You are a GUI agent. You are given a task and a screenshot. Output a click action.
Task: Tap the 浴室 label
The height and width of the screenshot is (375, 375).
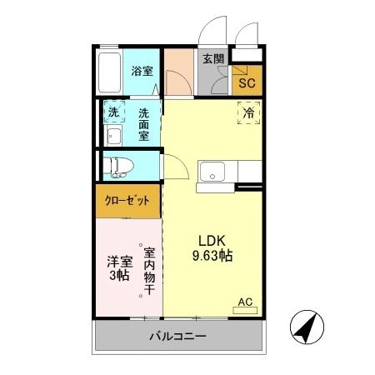point(142,72)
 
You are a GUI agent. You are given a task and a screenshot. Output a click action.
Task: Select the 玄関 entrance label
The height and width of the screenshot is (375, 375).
point(212,59)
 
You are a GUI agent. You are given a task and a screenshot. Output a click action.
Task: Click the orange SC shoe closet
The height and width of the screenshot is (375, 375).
point(247,82)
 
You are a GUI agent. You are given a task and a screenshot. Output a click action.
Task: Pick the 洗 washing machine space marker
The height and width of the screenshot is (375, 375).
point(113,112)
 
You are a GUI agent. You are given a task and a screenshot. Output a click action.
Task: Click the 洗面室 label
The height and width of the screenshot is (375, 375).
point(144,123)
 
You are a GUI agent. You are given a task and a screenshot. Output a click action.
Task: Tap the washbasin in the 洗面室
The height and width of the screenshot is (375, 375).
point(113,137)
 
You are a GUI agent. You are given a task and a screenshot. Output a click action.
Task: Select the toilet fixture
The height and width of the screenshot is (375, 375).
point(117,165)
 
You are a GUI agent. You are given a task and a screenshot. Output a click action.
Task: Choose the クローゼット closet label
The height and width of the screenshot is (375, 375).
point(127,201)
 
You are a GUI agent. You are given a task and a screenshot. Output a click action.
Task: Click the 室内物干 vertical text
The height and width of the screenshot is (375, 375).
point(149,271)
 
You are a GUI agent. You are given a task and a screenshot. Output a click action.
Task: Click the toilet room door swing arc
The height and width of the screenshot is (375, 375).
point(172,166)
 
